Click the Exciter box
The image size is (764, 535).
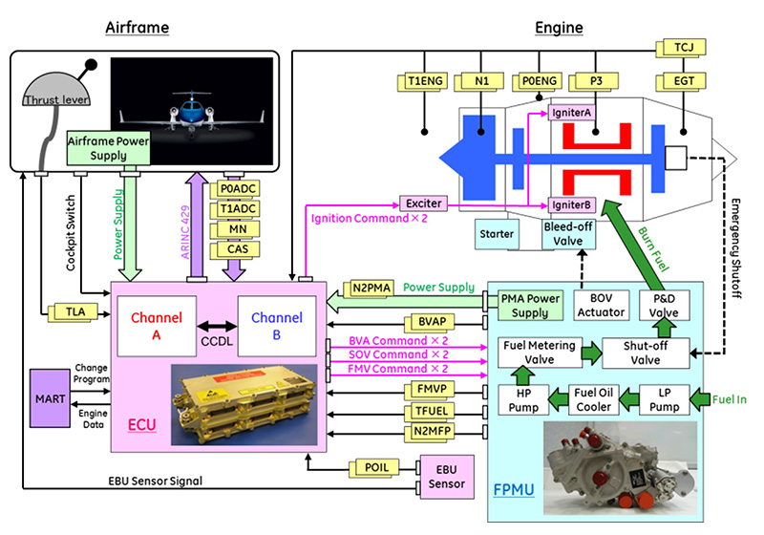(x=423, y=203)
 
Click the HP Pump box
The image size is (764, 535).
(x=522, y=398)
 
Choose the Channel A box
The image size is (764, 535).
(x=155, y=324)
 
